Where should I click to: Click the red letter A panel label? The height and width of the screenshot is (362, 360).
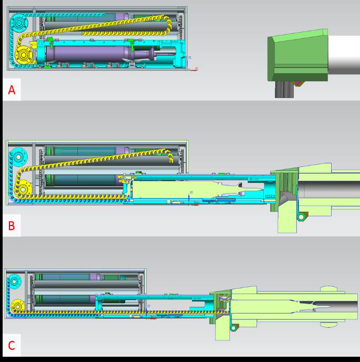click(12, 90)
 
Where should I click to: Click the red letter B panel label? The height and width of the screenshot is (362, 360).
click(12, 226)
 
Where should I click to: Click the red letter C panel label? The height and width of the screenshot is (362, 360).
click(12, 345)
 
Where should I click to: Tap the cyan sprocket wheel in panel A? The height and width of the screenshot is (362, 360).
click(19, 23)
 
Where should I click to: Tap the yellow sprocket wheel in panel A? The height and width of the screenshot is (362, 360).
click(24, 55)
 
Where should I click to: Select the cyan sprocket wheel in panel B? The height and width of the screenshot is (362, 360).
click(18, 157)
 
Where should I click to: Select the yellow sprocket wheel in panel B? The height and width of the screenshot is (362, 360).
click(23, 189)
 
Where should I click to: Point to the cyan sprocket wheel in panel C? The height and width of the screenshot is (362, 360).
click(14, 282)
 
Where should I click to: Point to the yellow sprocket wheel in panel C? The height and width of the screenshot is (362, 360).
click(18, 307)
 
